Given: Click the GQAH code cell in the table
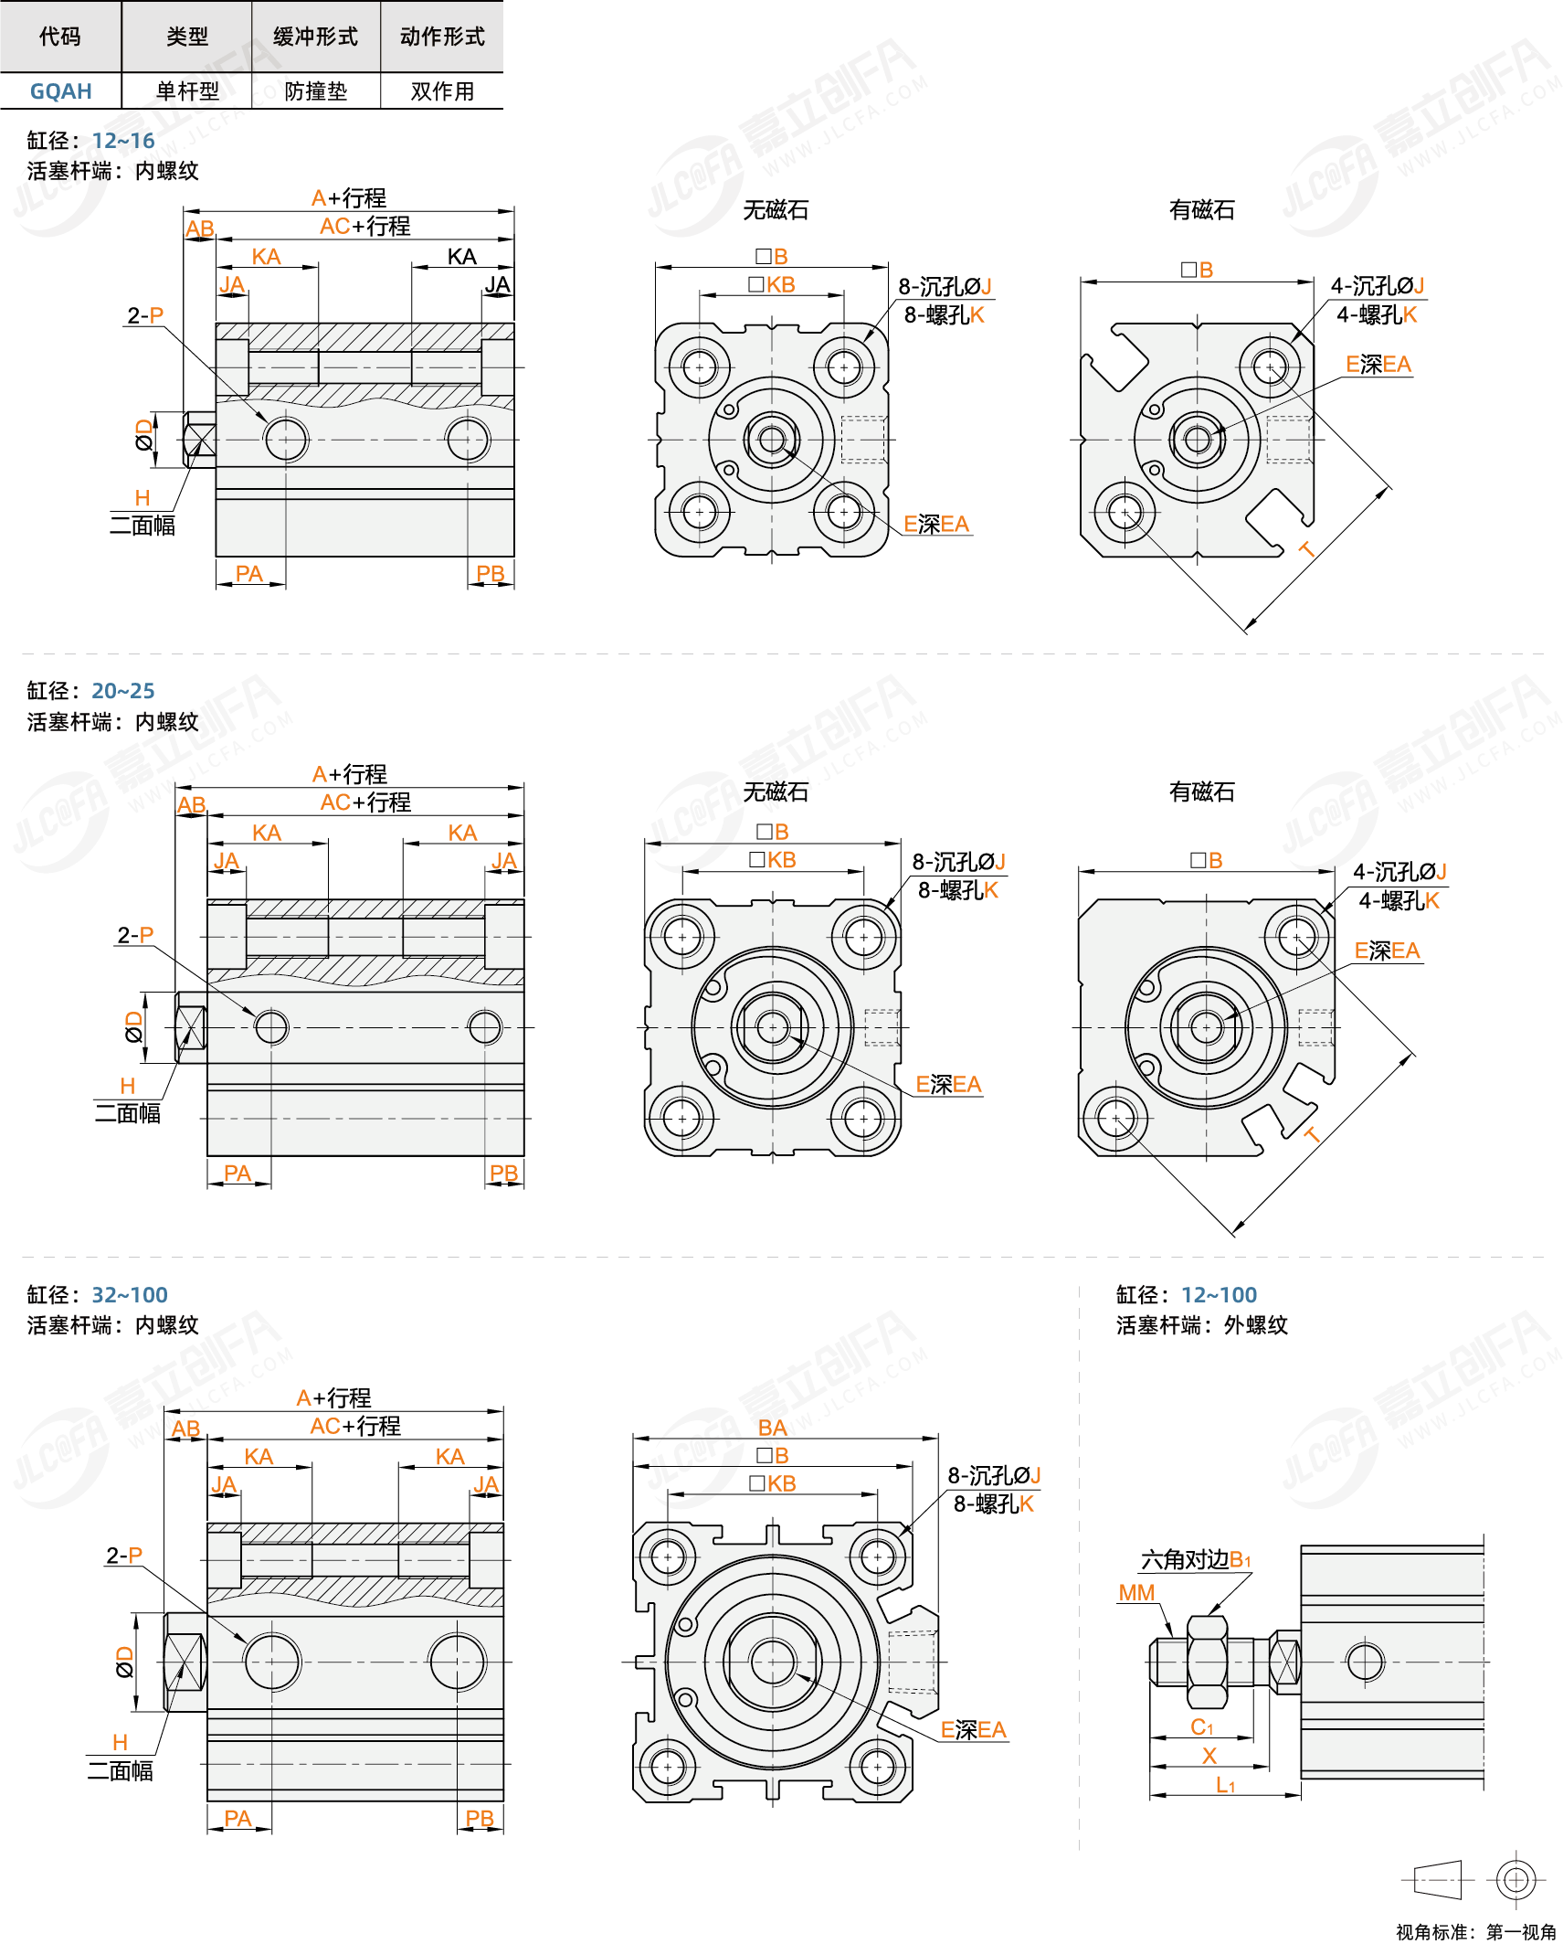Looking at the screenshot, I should point(60,91).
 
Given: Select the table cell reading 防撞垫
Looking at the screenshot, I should point(315,91).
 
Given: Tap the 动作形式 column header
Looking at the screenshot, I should point(442,37).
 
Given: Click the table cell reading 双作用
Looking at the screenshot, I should point(442,91).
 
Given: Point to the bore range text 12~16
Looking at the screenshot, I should point(123,141).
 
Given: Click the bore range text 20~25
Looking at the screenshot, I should point(123,691).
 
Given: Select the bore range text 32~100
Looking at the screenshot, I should point(130,1295).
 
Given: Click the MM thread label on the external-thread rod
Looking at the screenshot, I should point(1136,1593).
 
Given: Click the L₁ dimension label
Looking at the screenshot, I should point(1225,1786).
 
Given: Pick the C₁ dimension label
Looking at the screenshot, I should point(1201,1726).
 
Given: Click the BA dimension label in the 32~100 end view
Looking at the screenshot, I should point(772,1428).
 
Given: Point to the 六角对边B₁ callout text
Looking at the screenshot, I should point(1195,1560).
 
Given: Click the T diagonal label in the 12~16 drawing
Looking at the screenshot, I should point(1306,549).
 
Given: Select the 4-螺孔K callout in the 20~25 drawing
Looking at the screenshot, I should point(1399,901).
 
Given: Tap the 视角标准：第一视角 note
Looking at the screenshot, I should point(1475,1931).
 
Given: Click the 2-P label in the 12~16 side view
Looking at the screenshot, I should point(145,315).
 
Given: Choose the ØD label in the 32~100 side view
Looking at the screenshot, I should point(124,1662).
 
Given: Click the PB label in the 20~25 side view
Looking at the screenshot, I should point(503,1173).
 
